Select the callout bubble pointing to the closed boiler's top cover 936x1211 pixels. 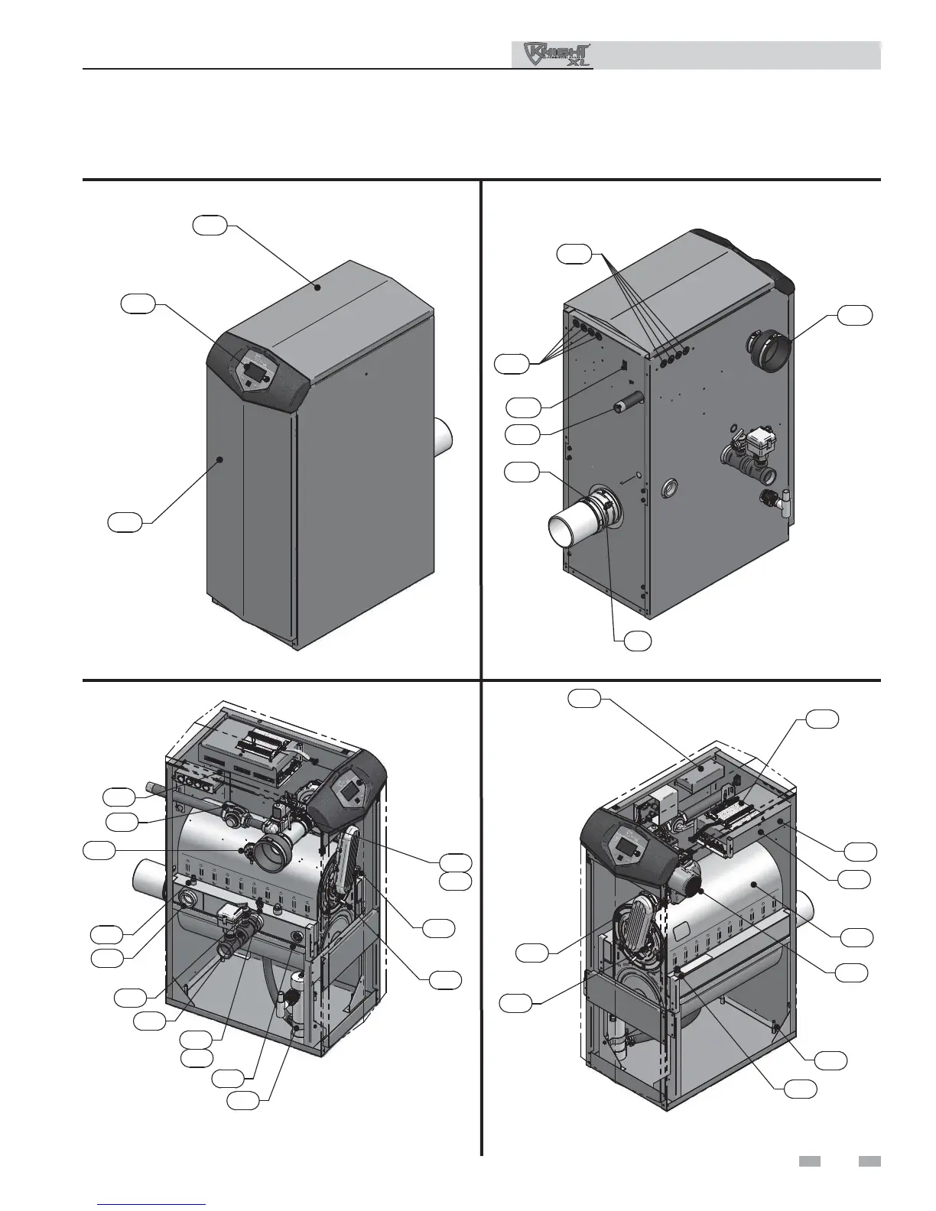coord(209,226)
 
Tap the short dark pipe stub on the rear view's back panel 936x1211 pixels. coord(626,401)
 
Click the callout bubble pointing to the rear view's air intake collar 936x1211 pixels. coord(854,314)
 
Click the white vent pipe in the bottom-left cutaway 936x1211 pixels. coord(148,881)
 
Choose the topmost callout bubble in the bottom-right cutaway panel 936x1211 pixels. coord(585,698)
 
